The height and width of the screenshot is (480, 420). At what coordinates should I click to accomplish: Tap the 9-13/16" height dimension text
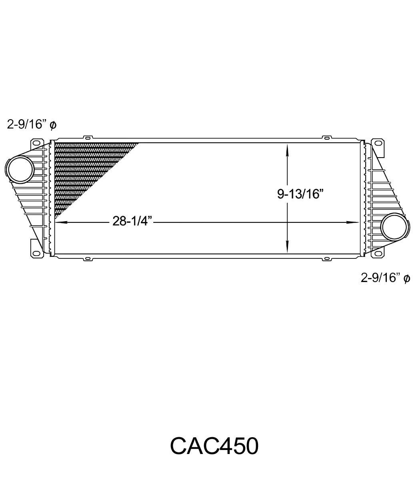point(300,194)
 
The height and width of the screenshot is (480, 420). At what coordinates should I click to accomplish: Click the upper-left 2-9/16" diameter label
point(32,124)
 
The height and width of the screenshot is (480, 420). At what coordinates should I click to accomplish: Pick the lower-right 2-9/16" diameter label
point(386,278)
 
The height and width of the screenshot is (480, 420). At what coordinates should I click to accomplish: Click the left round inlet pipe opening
point(20,170)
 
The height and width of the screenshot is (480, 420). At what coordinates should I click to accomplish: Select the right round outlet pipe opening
point(395,226)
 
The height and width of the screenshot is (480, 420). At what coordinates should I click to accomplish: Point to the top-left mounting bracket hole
point(36,143)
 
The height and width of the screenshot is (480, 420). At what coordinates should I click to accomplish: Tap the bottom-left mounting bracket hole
point(36,254)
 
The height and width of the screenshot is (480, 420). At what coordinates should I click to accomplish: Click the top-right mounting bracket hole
point(378,143)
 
